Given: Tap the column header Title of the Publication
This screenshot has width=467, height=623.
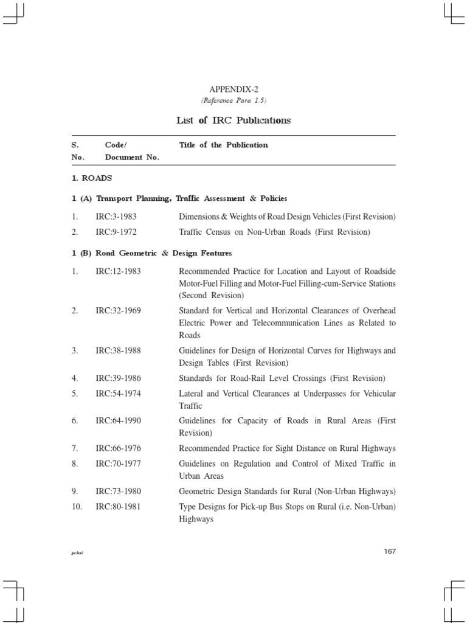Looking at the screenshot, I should [x=223, y=145].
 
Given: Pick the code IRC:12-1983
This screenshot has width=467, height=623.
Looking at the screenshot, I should [x=118, y=271].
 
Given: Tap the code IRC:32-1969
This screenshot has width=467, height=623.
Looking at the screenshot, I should [x=118, y=310].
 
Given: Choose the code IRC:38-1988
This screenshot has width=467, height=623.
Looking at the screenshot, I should [x=118, y=350].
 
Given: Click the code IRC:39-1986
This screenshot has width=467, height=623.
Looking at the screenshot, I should [x=118, y=378].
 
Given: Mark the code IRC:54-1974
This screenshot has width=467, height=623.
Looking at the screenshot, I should [x=118, y=393].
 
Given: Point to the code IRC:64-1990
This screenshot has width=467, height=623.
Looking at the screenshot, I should [x=118, y=420].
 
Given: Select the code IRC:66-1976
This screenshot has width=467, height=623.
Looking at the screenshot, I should [x=118, y=448].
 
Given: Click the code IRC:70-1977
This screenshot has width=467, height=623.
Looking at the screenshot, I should [x=118, y=464].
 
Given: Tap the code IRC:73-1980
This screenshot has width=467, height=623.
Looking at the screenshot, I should [x=118, y=491].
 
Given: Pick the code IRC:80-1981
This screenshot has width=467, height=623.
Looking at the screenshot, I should [x=118, y=506].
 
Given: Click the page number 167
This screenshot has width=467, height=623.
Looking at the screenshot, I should [x=390, y=551].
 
